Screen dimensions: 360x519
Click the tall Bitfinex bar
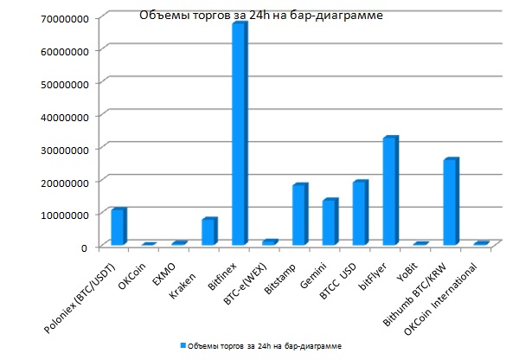[239, 134]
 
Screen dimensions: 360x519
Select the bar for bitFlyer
[390, 190]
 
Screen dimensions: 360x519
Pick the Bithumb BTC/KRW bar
[450, 202]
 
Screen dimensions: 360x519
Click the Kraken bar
[208, 231]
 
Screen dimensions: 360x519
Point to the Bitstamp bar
[299, 215]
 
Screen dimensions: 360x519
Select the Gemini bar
[330, 222]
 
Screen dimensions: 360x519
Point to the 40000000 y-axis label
[63, 115]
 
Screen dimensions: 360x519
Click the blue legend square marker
[183, 344]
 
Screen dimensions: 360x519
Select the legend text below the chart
[265, 344]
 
